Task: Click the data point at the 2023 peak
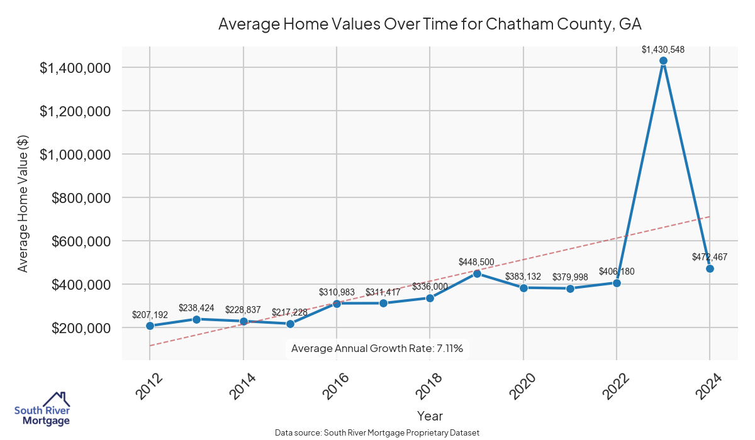(x=663, y=61)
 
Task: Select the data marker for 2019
(x=477, y=273)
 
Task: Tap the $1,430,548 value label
(x=663, y=49)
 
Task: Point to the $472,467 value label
(x=710, y=256)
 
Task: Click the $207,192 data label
(x=150, y=314)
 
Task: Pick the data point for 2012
(x=150, y=326)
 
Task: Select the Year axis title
(x=430, y=416)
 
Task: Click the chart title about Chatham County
(x=430, y=24)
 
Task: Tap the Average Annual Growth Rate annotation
(x=377, y=349)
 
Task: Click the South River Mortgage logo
(x=42, y=409)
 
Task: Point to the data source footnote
(x=377, y=432)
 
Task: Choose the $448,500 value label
(x=477, y=261)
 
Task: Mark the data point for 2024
(x=710, y=268)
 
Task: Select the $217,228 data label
(x=289, y=312)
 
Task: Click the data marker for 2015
(x=290, y=324)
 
